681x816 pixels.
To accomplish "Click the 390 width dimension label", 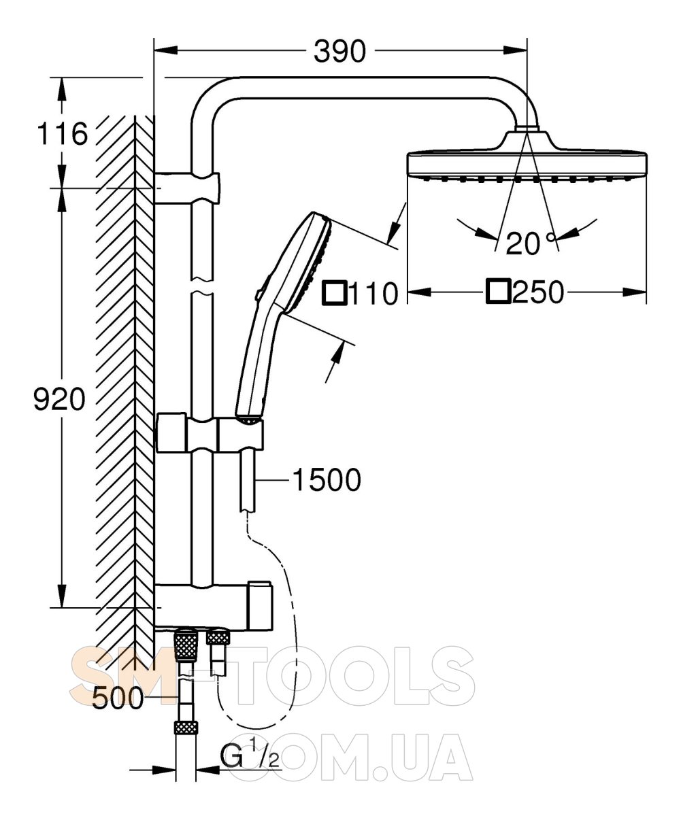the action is pos(339,51).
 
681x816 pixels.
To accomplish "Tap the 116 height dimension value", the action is pos(62,134).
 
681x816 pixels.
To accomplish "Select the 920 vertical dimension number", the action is pos(59,399).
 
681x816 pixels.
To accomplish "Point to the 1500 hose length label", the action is pos(327,480).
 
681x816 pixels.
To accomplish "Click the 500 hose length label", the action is pos(118,698).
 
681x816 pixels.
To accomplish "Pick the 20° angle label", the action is pos(531,243).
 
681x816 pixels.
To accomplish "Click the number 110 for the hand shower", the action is pos(373,293).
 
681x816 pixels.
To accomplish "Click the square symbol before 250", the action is pos(499,291).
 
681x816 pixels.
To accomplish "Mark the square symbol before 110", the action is pos(335,292).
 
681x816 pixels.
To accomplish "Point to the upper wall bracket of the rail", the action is pos(187,188).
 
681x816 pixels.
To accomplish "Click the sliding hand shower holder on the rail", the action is pos(210,433).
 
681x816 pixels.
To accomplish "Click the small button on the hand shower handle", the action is pos(258,294).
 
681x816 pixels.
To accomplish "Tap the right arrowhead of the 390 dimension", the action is pos(515,50).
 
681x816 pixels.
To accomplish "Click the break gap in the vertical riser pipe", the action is pos(202,286).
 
